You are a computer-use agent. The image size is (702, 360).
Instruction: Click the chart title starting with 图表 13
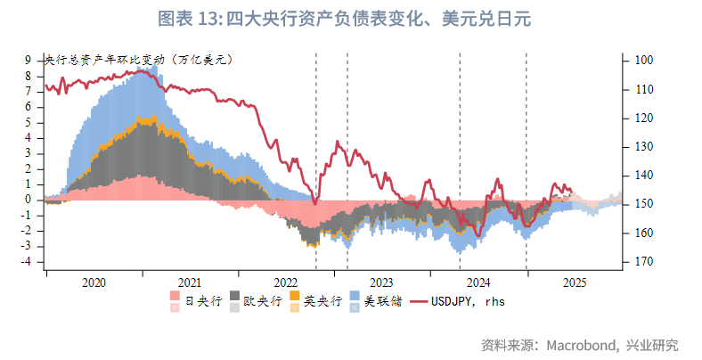[x=350, y=19]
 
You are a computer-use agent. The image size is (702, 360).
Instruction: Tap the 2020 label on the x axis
[x=94, y=282]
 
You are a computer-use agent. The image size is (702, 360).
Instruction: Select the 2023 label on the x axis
[x=381, y=282]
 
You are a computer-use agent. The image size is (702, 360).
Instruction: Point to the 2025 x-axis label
[x=574, y=282]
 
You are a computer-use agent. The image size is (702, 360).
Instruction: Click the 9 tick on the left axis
[x=29, y=60]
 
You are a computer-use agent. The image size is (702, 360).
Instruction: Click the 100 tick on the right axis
[x=641, y=60]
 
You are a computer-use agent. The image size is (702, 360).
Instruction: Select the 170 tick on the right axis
[x=641, y=262]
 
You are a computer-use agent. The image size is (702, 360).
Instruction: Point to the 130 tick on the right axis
[x=641, y=146]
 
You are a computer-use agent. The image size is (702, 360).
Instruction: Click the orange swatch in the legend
[x=296, y=296]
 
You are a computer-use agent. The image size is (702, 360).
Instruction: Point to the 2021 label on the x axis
[x=189, y=282]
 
